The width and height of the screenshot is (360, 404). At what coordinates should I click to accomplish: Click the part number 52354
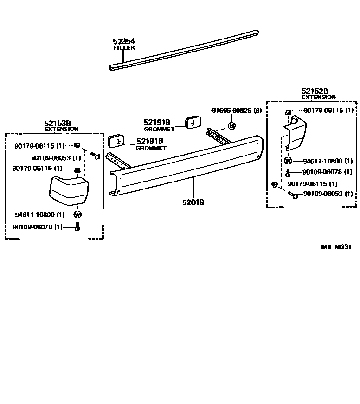coord(124,41)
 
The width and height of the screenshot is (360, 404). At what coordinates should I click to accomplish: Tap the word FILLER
coord(124,48)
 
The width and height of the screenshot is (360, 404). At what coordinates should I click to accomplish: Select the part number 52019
coord(193,202)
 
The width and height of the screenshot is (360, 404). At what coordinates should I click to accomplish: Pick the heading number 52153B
coord(58,123)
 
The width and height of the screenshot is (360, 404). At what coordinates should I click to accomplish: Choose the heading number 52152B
coord(315,91)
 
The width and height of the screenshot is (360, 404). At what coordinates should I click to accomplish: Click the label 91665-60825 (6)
coord(237,111)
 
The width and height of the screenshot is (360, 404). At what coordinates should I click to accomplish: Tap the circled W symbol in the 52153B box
coord(77,215)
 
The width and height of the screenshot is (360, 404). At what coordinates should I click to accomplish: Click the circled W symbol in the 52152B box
coord(287,161)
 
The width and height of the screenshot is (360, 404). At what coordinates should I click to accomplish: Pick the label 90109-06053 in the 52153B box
coord(56,158)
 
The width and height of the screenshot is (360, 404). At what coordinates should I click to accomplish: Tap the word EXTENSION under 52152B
coord(318,98)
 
